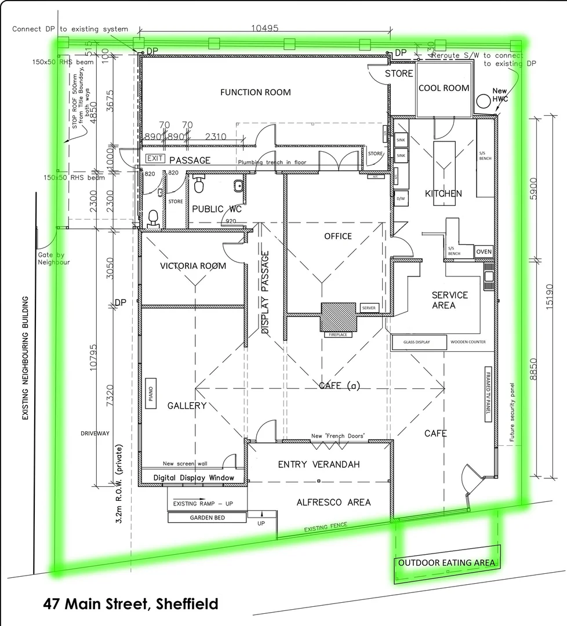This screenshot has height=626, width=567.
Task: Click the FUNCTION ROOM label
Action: pos(255,92)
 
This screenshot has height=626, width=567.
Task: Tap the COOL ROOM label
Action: pos(444,88)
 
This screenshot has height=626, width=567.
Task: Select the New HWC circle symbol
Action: pos(482,103)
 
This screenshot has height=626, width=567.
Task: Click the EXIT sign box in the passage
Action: pos(155,158)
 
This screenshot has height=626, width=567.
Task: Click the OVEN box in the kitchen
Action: pos(484,252)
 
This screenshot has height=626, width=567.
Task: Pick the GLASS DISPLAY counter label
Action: pos(417,342)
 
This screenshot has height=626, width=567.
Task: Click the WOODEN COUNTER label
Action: pos(468,342)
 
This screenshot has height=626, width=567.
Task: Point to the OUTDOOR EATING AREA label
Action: pos(446,562)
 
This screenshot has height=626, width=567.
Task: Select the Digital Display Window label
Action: pos(194,478)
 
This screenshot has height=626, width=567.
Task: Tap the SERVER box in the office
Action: pos(368,307)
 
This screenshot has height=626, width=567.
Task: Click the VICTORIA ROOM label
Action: pos(193,266)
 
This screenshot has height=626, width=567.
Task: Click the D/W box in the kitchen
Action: pos(400,199)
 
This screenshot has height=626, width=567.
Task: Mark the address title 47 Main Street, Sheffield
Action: pos(130,604)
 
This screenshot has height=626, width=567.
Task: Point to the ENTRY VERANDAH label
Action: pos(318,464)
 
